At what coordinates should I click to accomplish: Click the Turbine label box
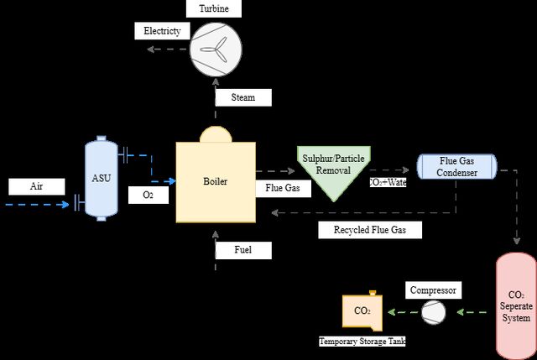coord(214,8)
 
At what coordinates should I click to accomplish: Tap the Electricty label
coord(162,31)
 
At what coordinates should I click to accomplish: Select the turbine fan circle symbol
coord(216,50)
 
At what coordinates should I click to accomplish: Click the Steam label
coord(243,97)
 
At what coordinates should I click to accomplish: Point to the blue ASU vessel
coord(101,179)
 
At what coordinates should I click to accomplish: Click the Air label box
coord(37,186)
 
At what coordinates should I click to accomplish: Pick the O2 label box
coord(149,195)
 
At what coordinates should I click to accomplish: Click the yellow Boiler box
coord(216,182)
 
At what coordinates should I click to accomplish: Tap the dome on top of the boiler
coord(216,134)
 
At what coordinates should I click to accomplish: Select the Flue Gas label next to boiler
coord(284,188)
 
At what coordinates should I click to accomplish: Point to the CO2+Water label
coord(388,182)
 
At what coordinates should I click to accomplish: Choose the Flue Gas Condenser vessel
coord(456,167)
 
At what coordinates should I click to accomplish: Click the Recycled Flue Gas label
coord(370,230)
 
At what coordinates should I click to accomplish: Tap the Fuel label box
coord(243,250)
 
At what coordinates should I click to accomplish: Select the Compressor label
coord(433,290)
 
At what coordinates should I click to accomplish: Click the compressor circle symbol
coord(433,312)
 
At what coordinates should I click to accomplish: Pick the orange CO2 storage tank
coord(362,311)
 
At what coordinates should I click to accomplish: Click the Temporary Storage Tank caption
coord(362,342)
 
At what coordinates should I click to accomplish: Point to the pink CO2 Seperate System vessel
coord(516,306)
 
